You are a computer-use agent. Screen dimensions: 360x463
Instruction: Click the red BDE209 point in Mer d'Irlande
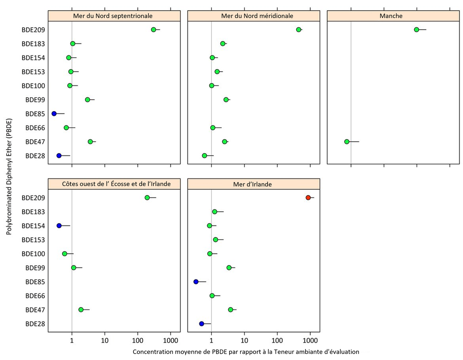(308, 197)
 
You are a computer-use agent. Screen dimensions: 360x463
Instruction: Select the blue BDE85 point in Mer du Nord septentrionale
(54, 114)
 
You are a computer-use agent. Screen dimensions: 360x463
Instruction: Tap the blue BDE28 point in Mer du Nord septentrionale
(59, 155)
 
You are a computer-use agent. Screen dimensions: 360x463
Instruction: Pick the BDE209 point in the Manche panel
(416, 30)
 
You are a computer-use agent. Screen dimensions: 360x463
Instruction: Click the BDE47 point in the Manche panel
(347, 142)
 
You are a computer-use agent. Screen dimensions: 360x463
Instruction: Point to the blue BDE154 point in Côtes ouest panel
(59, 225)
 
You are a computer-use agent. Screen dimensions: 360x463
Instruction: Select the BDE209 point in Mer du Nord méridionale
(298, 30)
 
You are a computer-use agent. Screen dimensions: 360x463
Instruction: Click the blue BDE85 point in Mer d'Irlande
(195, 282)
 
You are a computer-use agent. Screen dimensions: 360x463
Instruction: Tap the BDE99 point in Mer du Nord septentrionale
(87, 99)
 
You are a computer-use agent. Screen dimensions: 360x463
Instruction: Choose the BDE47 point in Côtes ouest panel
(81, 309)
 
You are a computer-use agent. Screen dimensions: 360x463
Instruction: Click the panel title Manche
(391, 16)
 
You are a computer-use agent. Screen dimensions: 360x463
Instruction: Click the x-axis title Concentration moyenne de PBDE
(246, 351)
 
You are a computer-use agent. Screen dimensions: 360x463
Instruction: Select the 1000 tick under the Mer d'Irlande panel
(310, 340)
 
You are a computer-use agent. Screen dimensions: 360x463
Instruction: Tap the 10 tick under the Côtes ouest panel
(105, 340)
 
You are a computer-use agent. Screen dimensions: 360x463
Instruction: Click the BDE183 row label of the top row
(33, 44)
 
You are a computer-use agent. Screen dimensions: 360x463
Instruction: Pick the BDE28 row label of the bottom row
(35, 324)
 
